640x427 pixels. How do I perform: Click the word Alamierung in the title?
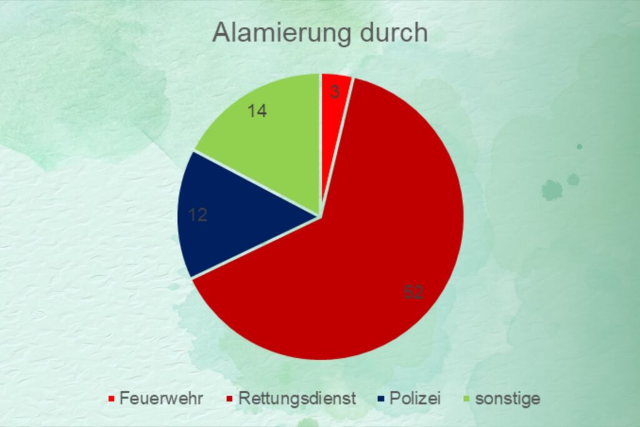(x=281, y=33)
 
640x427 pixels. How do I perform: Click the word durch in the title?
(x=394, y=32)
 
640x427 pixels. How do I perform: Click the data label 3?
(x=335, y=92)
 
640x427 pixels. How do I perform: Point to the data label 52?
(x=414, y=293)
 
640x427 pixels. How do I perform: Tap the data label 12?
(x=198, y=214)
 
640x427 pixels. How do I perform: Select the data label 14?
(x=257, y=111)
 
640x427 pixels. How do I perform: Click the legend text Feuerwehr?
(x=161, y=398)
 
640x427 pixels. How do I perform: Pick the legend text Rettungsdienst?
(x=297, y=398)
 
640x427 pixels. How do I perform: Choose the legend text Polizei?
(x=415, y=398)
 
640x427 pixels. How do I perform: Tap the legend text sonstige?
(x=507, y=399)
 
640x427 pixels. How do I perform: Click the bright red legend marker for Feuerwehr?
(x=111, y=399)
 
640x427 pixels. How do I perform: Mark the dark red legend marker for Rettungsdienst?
(x=230, y=399)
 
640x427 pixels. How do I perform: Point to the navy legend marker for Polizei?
(x=381, y=399)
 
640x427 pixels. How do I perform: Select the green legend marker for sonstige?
(x=467, y=399)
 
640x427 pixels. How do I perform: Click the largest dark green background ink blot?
(x=552, y=190)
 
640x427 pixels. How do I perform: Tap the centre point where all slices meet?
(x=321, y=216)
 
